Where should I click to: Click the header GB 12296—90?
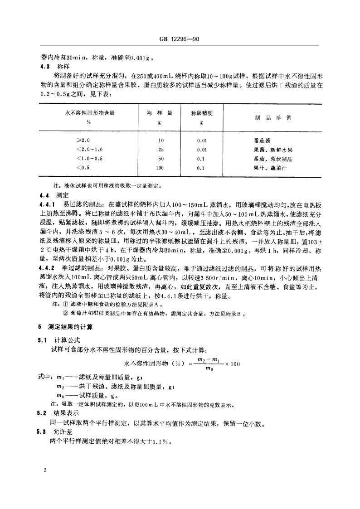(x=180, y=39)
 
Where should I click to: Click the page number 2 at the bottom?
(x=45, y=470)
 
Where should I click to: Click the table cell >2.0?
(x=83, y=141)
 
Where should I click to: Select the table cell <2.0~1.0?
(x=90, y=150)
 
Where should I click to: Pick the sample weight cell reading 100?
(x=161, y=168)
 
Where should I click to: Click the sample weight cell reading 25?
(x=161, y=150)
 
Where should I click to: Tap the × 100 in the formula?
(x=233, y=364)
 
